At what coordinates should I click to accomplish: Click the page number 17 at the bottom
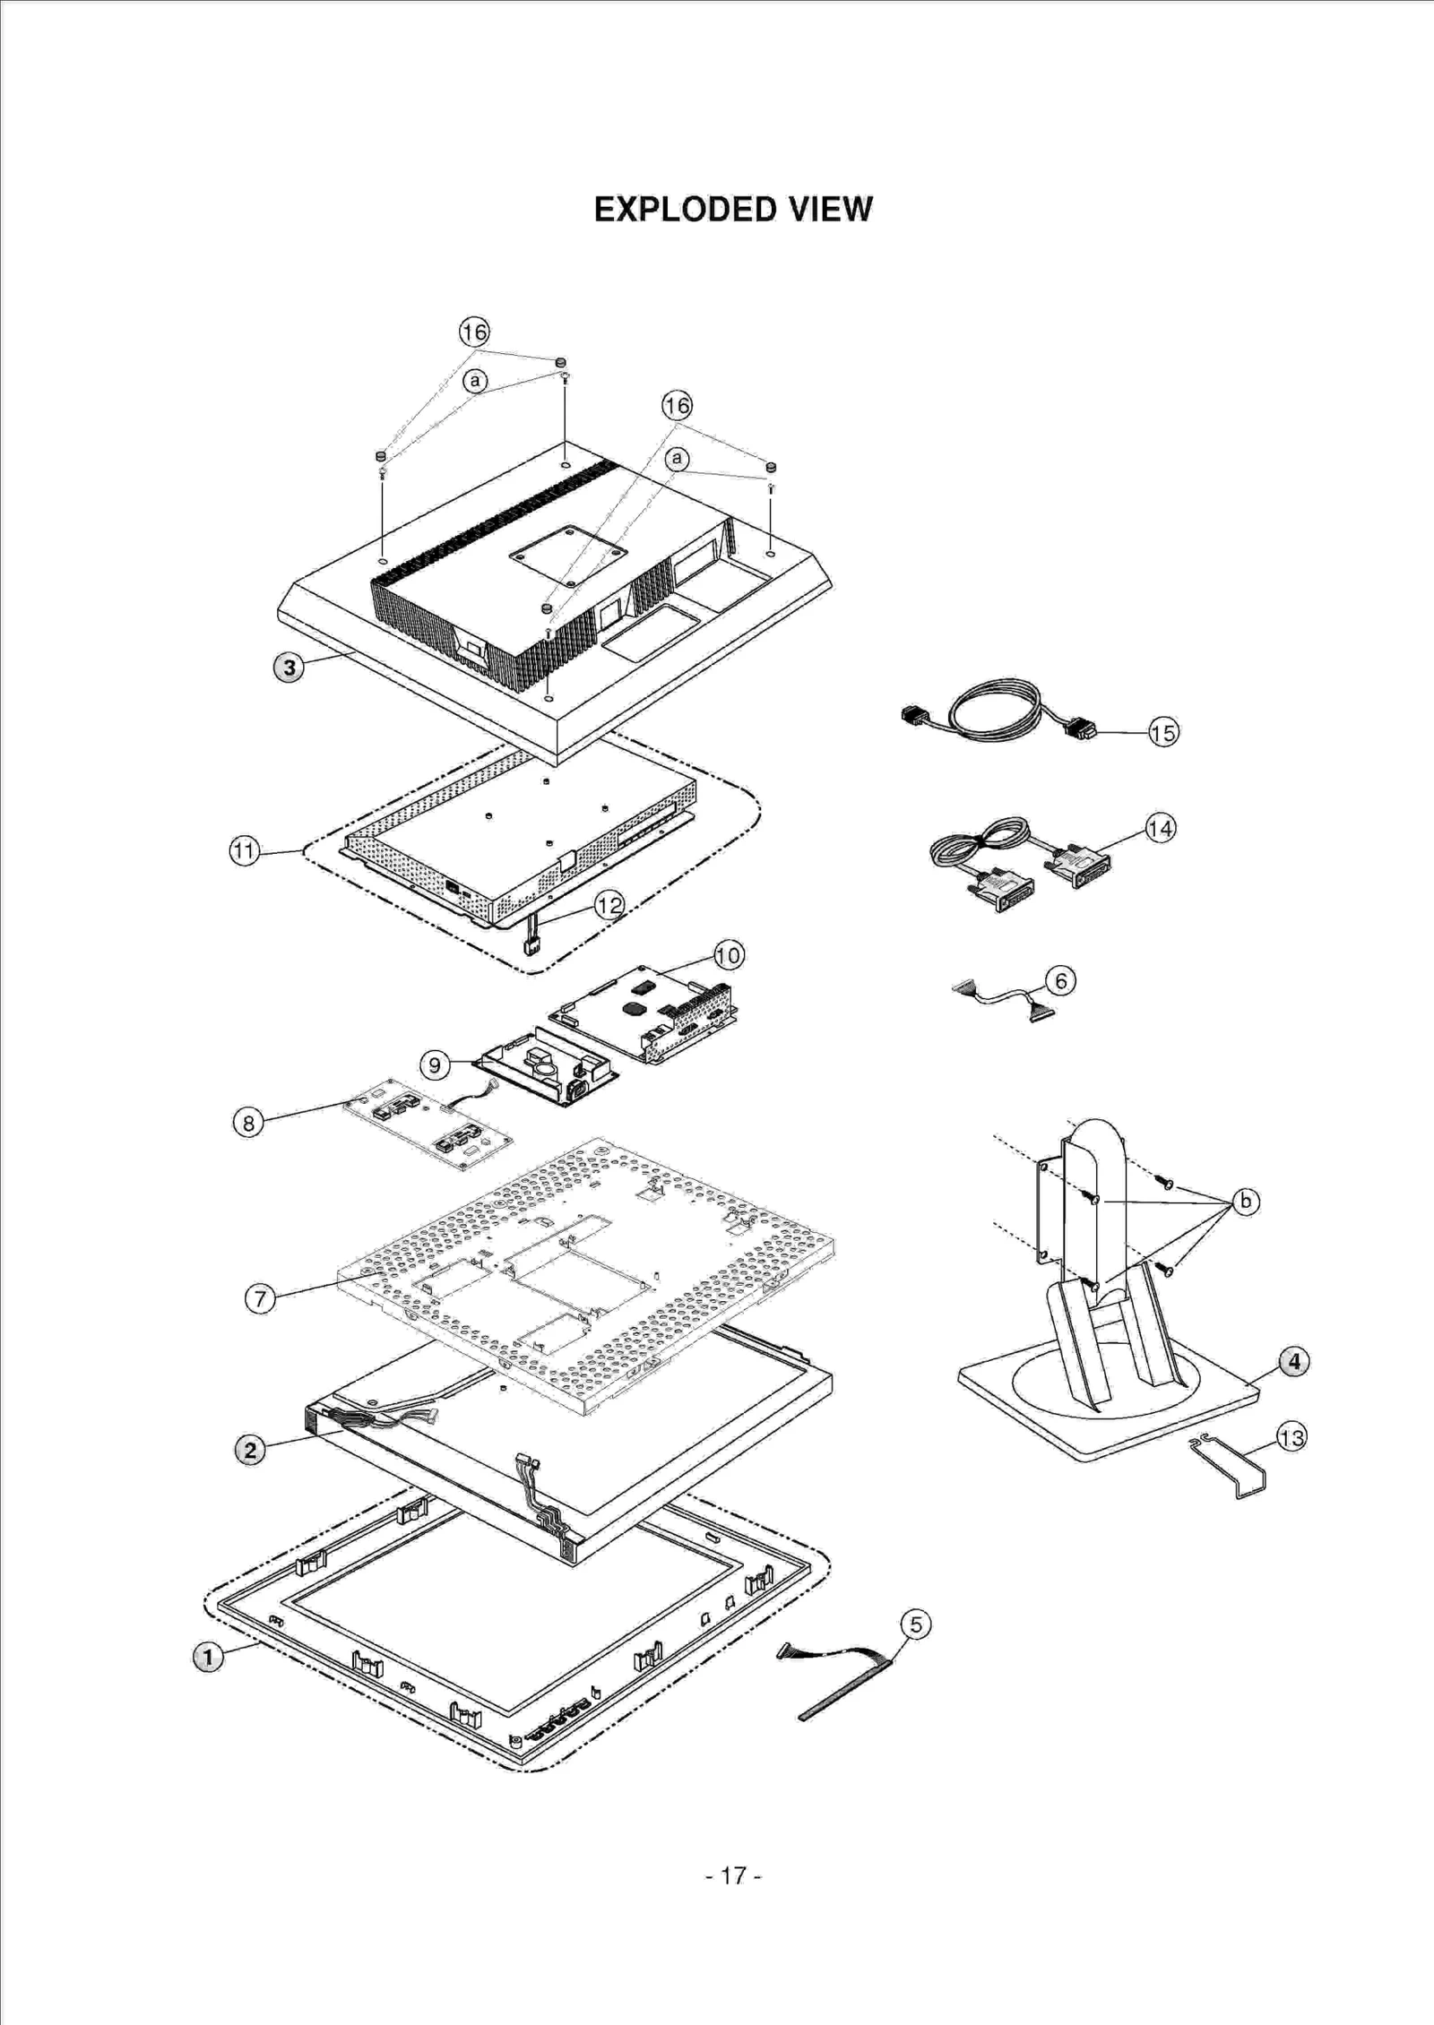pyautogui.click(x=733, y=1874)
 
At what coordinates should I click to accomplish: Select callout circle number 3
pyautogui.click(x=289, y=668)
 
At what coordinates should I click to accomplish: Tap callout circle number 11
pyautogui.click(x=244, y=850)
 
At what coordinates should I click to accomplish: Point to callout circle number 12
pyautogui.click(x=609, y=905)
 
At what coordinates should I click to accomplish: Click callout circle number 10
pyautogui.click(x=729, y=955)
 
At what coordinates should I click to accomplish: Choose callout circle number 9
pyautogui.click(x=435, y=1064)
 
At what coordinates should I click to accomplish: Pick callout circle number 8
pyautogui.click(x=248, y=1122)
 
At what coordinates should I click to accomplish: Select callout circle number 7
pyautogui.click(x=260, y=1298)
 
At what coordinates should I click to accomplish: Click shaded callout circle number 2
pyautogui.click(x=250, y=1450)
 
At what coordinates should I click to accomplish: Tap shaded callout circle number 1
pyautogui.click(x=208, y=1657)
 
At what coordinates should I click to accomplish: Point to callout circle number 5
pyautogui.click(x=915, y=1624)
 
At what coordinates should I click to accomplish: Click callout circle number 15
pyautogui.click(x=1163, y=733)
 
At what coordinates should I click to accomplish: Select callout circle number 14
pyautogui.click(x=1160, y=829)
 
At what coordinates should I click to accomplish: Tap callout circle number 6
pyautogui.click(x=1060, y=981)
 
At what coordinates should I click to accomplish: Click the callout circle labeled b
pyautogui.click(x=1246, y=1201)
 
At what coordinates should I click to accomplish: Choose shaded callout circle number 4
pyautogui.click(x=1293, y=1362)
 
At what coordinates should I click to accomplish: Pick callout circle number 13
pyautogui.click(x=1291, y=1438)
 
